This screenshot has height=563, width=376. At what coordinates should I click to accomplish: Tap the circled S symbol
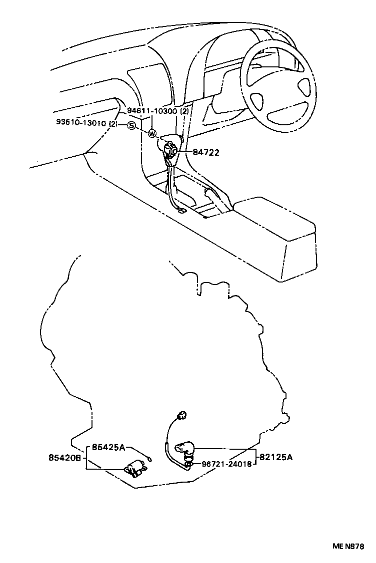[x=131, y=125]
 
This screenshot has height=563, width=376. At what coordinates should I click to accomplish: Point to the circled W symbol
[x=152, y=133]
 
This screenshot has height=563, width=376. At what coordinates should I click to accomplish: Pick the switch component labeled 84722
[x=171, y=149]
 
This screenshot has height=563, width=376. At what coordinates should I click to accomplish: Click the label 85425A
[x=108, y=448]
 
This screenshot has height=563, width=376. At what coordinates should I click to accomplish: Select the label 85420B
[x=65, y=457]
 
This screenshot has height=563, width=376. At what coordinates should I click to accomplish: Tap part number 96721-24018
[x=227, y=464]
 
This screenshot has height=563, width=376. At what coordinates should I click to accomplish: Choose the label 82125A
[x=275, y=457]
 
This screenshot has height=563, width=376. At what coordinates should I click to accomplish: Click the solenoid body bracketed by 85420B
[x=134, y=468]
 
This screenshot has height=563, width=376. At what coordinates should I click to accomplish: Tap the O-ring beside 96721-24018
[x=189, y=465]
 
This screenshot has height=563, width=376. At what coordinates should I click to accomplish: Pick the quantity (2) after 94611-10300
[x=184, y=111]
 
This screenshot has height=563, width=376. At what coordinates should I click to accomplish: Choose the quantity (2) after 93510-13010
[x=113, y=123]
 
